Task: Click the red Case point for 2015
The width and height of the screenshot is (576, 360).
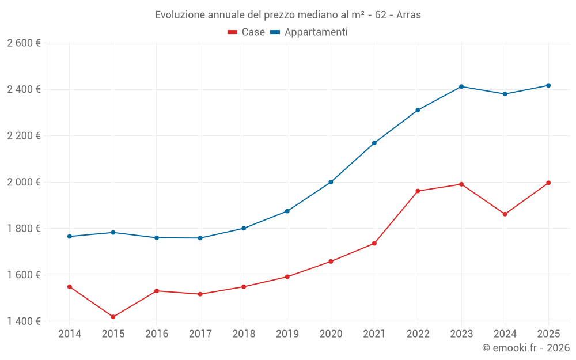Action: tap(113, 317)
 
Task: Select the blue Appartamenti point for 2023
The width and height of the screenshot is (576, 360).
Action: tap(461, 86)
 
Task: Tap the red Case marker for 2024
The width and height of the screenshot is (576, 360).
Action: tap(505, 214)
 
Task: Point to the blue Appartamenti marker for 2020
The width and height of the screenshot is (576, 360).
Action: tap(331, 182)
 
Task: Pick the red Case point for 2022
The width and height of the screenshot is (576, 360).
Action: tap(418, 191)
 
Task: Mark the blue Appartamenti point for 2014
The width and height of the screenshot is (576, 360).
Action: tap(70, 236)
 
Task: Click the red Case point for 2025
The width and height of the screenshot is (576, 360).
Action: tap(548, 183)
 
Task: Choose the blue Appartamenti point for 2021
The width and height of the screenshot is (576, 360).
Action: tap(374, 143)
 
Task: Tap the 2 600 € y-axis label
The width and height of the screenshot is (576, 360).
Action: tap(24, 43)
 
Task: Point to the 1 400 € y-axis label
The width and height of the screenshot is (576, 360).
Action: tap(24, 321)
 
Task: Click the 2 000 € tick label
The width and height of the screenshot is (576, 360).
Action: tap(24, 182)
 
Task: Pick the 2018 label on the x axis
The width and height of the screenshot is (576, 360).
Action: tap(244, 334)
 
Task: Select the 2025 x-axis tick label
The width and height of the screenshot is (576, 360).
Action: tap(548, 334)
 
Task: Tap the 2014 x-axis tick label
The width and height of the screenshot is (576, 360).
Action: tap(70, 334)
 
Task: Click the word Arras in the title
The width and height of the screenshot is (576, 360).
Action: tap(408, 15)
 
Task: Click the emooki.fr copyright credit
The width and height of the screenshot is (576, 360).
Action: tap(525, 348)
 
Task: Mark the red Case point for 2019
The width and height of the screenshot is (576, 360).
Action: tap(287, 276)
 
